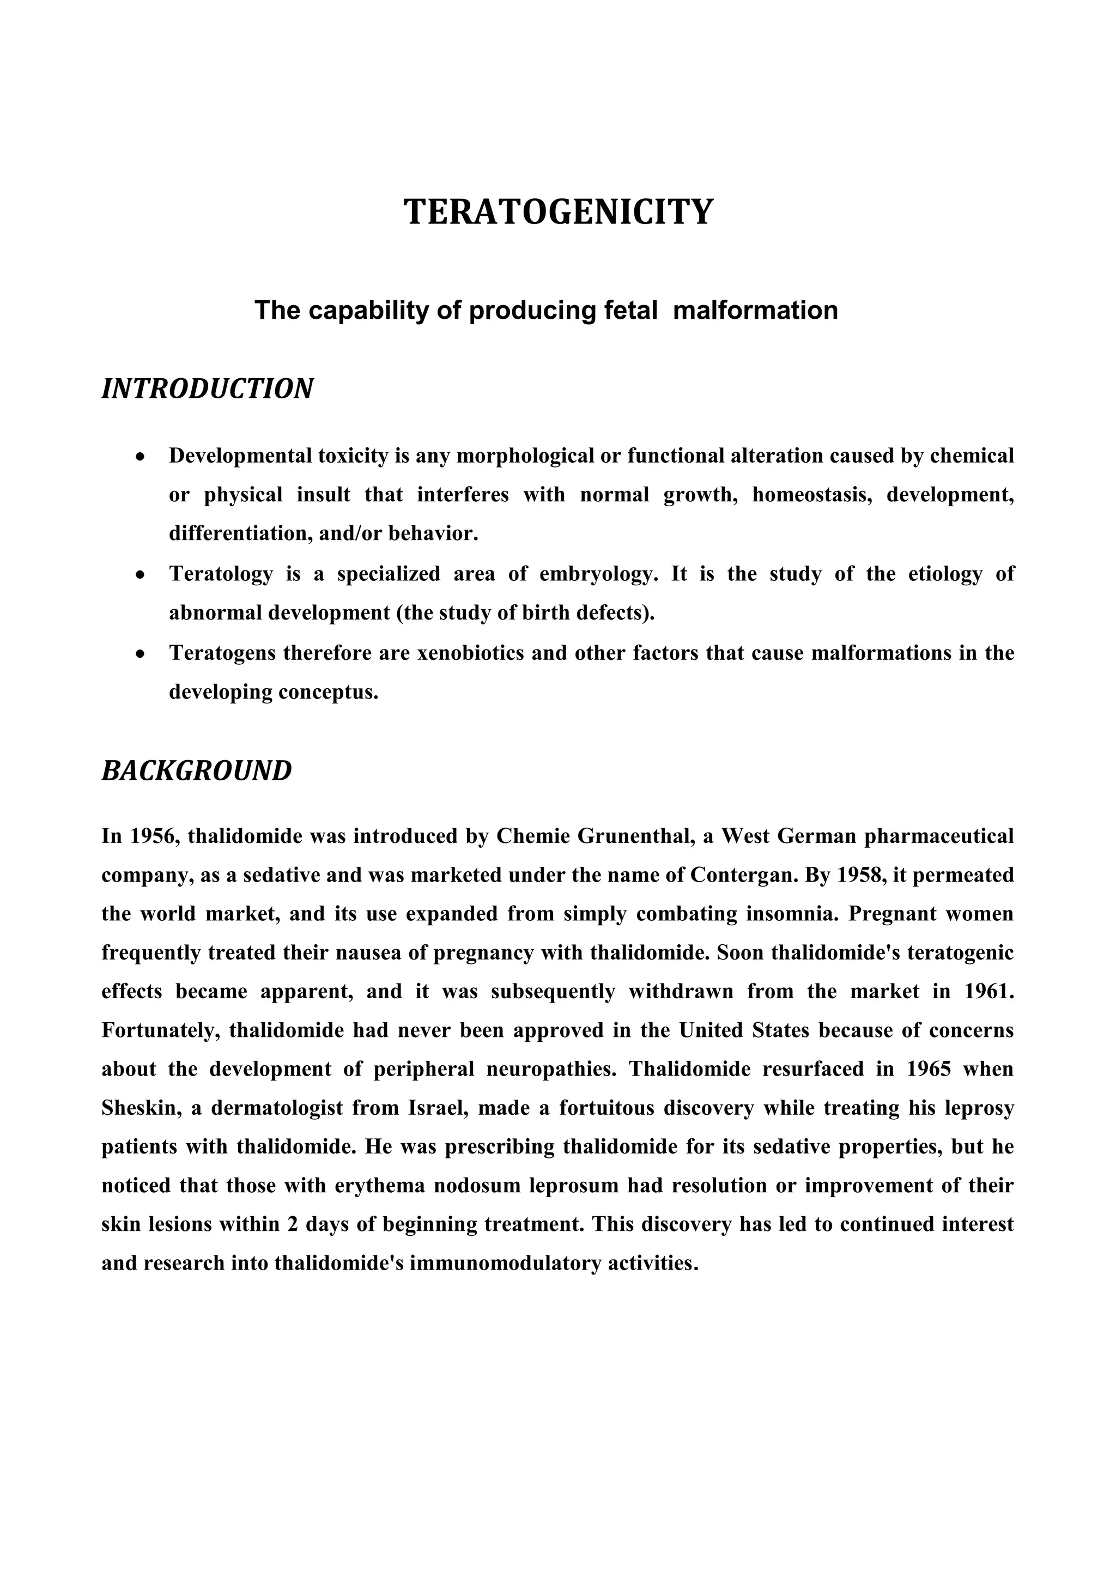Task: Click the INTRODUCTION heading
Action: click(x=208, y=389)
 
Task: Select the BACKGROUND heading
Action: click(x=197, y=771)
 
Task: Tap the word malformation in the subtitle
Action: click(x=755, y=311)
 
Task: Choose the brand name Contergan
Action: click(x=737, y=876)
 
